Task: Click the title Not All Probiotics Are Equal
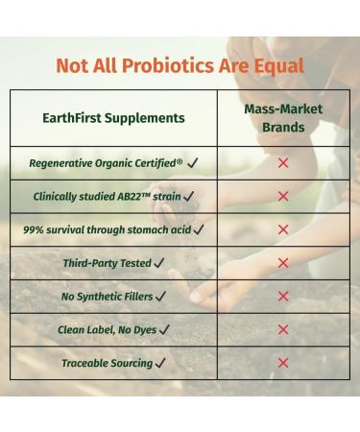point(180,66)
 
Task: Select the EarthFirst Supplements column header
point(114,118)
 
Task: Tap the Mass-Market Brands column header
point(283,118)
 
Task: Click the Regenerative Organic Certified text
point(108,163)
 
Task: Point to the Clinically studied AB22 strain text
point(107,197)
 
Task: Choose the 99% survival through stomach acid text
point(108,230)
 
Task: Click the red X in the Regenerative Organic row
point(283,163)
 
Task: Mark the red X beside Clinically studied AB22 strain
point(283,197)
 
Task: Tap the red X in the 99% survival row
point(283,230)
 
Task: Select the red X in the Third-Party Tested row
point(283,263)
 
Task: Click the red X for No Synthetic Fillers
point(283,297)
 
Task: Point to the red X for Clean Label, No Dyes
point(283,329)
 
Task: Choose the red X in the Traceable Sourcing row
point(283,363)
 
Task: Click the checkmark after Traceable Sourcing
point(160,363)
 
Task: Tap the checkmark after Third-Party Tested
point(159,263)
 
